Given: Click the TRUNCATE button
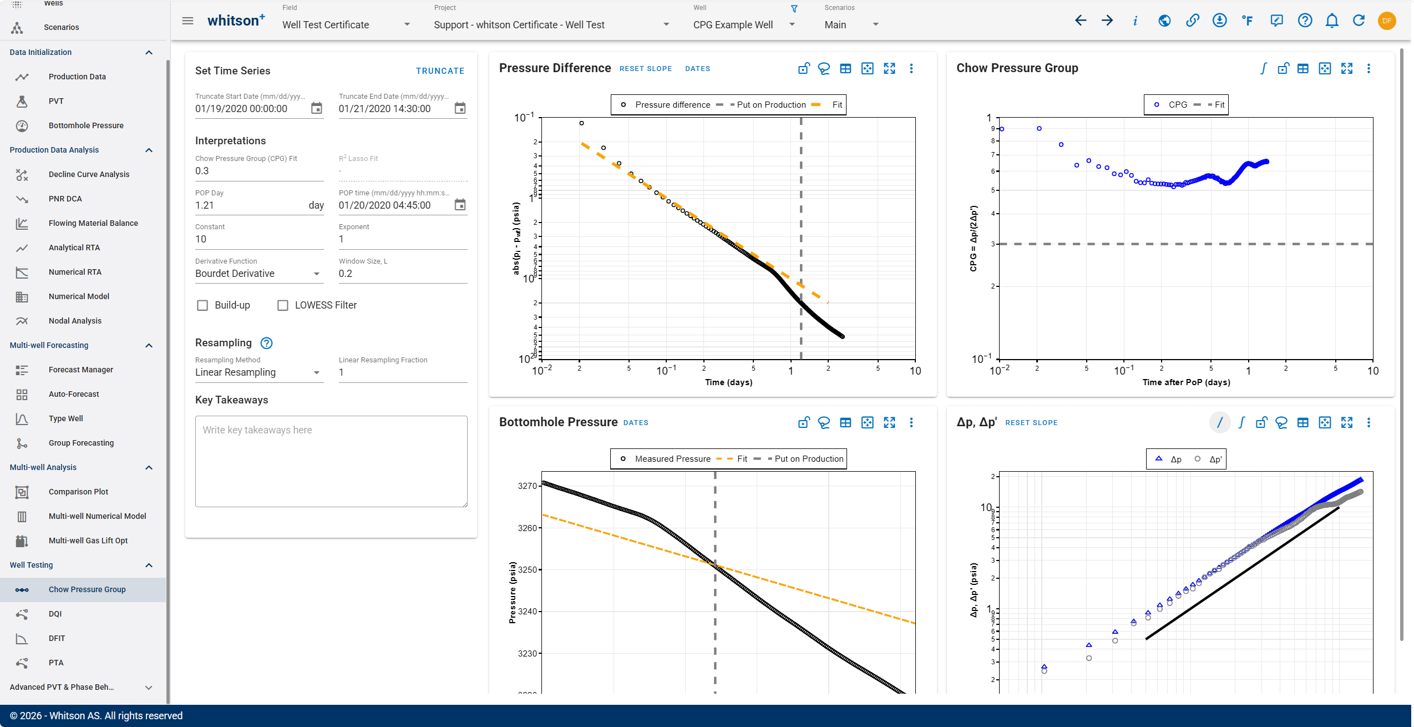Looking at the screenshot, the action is [x=440, y=71].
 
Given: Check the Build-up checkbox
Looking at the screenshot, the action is [x=202, y=305].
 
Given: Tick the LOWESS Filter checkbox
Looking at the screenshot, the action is [x=283, y=305].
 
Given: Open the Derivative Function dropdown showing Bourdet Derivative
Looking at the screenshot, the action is [x=259, y=274].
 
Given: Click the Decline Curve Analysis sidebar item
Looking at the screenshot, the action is [x=89, y=174].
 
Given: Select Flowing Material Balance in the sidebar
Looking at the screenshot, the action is [x=93, y=223].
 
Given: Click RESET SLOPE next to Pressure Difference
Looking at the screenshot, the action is [x=646, y=69].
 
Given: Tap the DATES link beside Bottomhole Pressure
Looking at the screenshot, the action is [x=636, y=423].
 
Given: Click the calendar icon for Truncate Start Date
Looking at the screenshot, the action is [x=316, y=108].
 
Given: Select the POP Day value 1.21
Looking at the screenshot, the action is [x=205, y=205].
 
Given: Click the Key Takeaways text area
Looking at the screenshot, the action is [x=331, y=461].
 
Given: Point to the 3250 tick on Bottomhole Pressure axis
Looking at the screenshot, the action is [x=527, y=569].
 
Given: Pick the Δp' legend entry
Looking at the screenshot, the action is [x=1209, y=460].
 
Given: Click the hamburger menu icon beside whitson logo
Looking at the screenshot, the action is [x=188, y=21].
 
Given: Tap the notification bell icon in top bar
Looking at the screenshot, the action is [x=1331, y=21].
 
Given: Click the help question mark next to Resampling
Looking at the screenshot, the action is [x=266, y=343].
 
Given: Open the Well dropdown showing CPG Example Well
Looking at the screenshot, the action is [x=744, y=25].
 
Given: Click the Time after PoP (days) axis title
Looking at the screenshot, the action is [x=1186, y=382].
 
